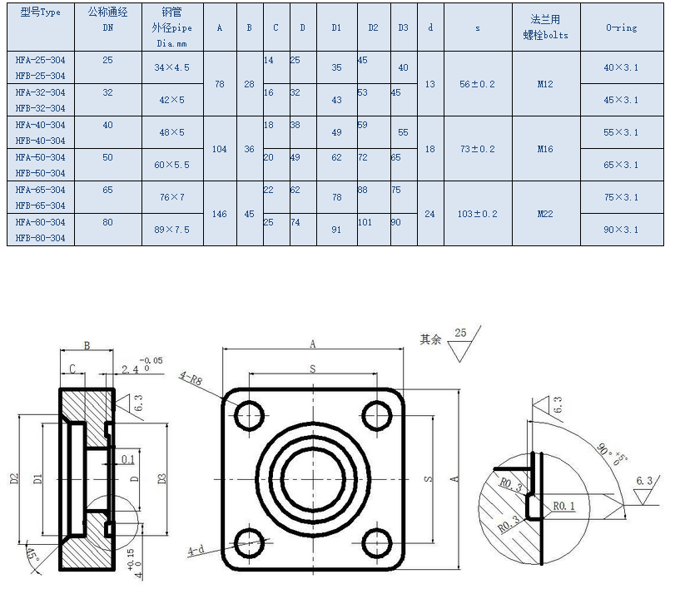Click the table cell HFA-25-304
click(x=40, y=60)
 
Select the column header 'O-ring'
click(x=621, y=27)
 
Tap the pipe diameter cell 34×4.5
click(x=172, y=67)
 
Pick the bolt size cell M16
click(x=544, y=149)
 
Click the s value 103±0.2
click(x=478, y=214)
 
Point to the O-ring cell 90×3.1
click(x=621, y=230)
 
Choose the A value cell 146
click(x=220, y=214)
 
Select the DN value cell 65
click(x=107, y=190)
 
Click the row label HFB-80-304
click(x=40, y=239)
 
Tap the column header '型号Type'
click(x=40, y=12)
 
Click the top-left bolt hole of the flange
click(x=251, y=415)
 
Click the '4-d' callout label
click(x=196, y=551)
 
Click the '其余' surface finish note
click(x=430, y=339)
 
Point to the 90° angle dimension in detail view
click(x=605, y=452)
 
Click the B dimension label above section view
click(x=86, y=344)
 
